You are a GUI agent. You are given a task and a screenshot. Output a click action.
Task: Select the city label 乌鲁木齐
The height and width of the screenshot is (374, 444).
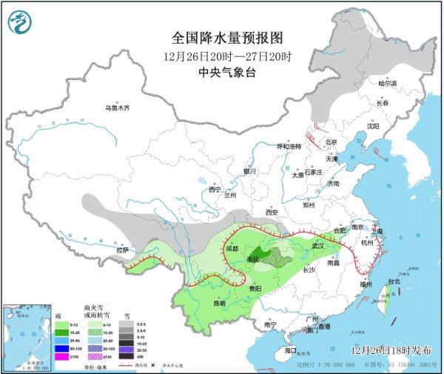(x=116, y=108)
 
